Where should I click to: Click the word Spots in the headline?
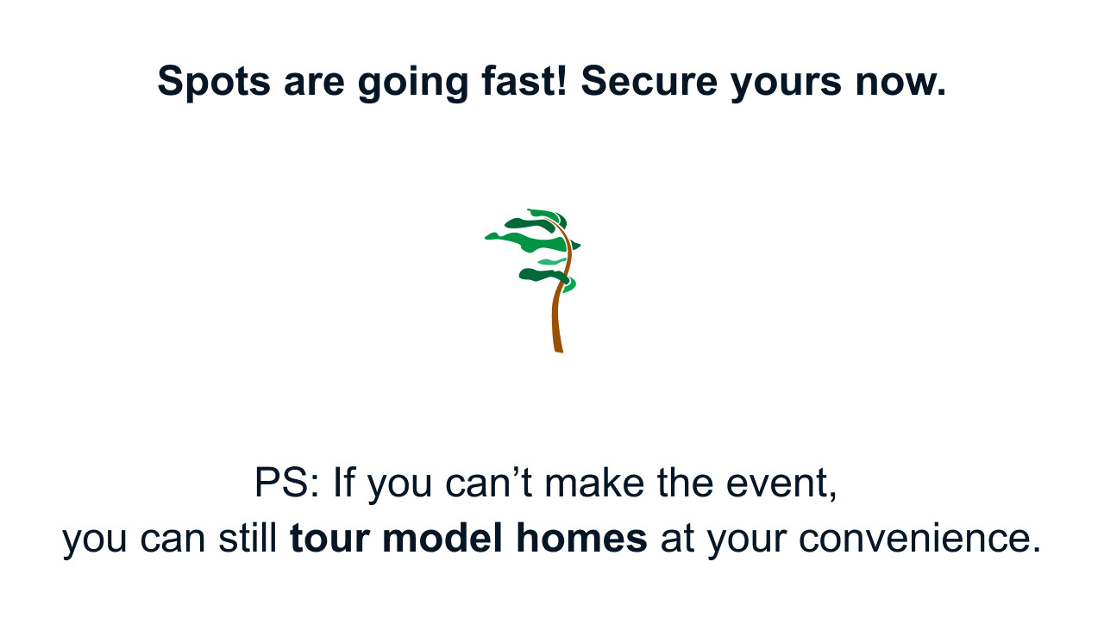click(x=214, y=81)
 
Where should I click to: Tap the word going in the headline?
click(x=412, y=83)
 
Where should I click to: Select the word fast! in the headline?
click(x=524, y=80)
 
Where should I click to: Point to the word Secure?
click(x=649, y=81)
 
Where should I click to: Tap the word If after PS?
click(x=344, y=482)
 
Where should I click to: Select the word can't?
click(x=489, y=483)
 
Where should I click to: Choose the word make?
click(x=594, y=483)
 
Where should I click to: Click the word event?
click(x=781, y=484)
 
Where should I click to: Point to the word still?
click(x=248, y=537)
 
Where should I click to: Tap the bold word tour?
click(x=329, y=539)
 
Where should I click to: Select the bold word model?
click(x=442, y=537)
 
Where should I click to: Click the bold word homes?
click(x=581, y=537)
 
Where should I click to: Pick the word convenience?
click(x=919, y=539)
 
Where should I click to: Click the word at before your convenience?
click(x=677, y=540)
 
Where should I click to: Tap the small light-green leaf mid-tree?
click(x=551, y=261)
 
